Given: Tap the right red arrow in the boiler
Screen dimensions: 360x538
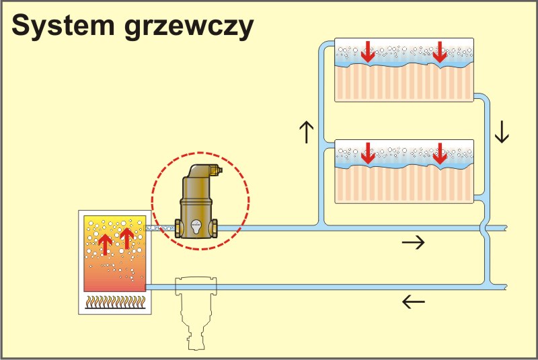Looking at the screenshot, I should pyautogui.click(x=126, y=238).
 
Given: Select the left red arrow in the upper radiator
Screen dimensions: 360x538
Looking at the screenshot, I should pyautogui.click(x=367, y=52).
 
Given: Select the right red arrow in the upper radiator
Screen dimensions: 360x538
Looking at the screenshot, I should pyautogui.click(x=440, y=52).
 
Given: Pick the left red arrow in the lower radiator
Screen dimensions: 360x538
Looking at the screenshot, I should pyautogui.click(x=367, y=153).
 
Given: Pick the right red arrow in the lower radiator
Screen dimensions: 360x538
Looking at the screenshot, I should pyautogui.click(x=440, y=153).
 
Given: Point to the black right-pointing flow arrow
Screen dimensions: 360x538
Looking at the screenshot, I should pyautogui.click(x=413, y=243).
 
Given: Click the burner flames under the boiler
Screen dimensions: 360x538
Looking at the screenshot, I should pyautogui.click(x=112, y=302).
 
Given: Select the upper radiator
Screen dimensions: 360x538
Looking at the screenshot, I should pyautogui.click(x=404, y=70).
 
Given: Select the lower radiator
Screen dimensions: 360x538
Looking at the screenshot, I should pyautogui.click(x=404, y=171).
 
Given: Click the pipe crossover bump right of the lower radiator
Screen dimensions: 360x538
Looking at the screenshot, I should pyautogui.click(x=486, y=229).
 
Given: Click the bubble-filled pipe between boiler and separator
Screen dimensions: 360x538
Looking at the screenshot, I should pyautogui.click(x=161, y=229).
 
